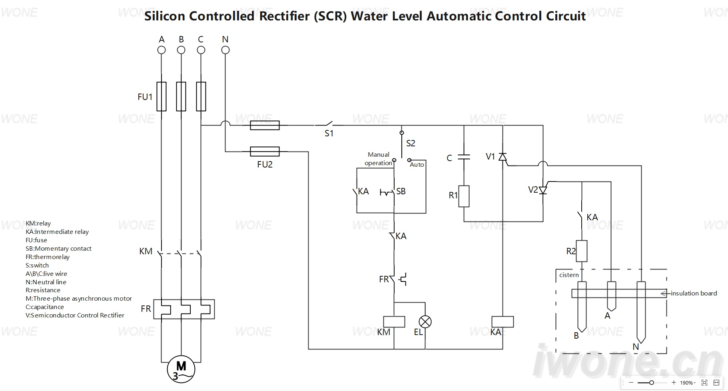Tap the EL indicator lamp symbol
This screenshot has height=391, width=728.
tap(425, 321)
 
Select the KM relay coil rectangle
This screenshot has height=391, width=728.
tap(394, 321)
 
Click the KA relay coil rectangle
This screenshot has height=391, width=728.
tap(503, 321)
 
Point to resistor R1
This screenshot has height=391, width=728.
tap(464, 196)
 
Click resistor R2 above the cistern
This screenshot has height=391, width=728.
tap(582, 251)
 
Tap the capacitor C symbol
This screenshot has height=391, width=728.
tap(464, 157)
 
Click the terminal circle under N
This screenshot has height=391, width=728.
tap(225, 50)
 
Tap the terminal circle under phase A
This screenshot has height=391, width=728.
tap(162, 50)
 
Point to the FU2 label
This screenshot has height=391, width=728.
tap(265, 164)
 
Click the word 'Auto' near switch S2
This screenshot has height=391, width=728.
tap(417, 165)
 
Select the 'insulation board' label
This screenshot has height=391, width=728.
tap(694, 293)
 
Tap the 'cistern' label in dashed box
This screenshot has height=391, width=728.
tap(569, 275)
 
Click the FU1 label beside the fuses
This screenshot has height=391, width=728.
tap(145, 97)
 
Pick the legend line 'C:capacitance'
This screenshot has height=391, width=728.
tap(45, 307)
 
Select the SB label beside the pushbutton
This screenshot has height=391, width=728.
tap(401, 192)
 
